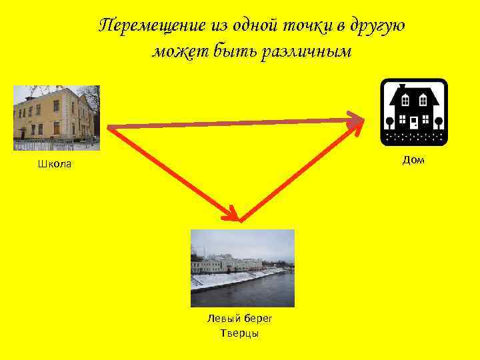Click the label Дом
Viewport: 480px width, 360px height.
(413, 160)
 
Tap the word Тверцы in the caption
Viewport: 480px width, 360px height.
(239, 333)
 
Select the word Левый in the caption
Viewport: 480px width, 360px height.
(223, 319)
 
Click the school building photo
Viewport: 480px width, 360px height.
(57, 117)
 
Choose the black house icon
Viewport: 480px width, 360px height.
(413, 111)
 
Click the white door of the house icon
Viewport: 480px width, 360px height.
(414, 122)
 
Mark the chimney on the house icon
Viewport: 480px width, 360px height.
(401, 87)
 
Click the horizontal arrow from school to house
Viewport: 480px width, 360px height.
(233, 123)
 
